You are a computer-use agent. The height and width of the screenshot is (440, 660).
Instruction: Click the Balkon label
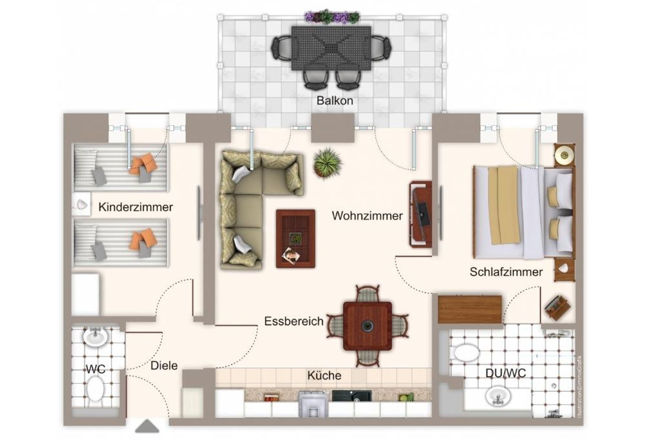(335, 100)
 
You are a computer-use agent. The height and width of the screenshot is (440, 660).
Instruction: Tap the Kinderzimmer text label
(135, 207)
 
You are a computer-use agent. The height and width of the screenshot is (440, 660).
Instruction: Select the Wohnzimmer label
(367, 215)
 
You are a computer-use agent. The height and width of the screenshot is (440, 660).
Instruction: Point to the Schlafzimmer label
(506, 272)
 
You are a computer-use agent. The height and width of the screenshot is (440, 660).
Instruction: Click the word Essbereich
(294, 321)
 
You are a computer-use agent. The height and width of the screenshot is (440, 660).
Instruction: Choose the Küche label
(324, 376)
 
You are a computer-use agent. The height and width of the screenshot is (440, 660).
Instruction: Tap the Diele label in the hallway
(164, 365)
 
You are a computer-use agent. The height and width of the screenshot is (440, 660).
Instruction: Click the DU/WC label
(505, 373)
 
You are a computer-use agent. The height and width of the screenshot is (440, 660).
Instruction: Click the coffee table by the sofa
(295, 238)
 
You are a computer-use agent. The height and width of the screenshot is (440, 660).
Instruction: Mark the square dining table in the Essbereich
(368, 326)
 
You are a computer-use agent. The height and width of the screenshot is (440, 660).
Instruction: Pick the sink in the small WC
(96, 337)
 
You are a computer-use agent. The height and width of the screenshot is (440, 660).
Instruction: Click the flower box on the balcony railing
(332, 17)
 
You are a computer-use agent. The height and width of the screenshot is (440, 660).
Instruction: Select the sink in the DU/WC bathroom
(499, 396)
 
